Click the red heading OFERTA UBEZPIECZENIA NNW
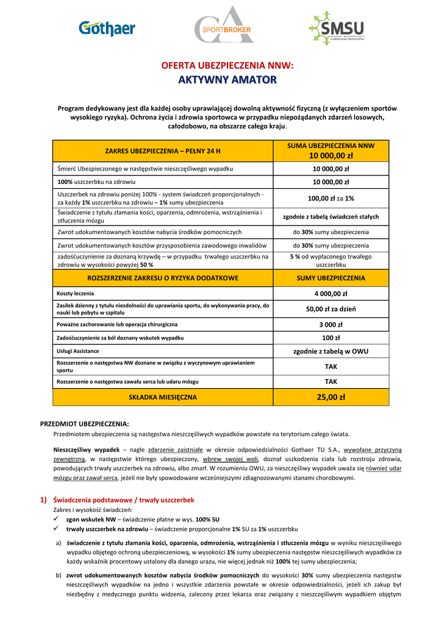tap(227, 66)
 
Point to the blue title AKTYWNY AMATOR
tap(227, 80)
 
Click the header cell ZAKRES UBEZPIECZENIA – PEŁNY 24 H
tap(163, 151)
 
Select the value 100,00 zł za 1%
tap(331, 198)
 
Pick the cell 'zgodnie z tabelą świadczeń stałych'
tap(331, 216)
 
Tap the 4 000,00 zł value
tap(331, 294)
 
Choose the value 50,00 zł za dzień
tap(331, 309)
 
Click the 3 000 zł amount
tap(331, 324)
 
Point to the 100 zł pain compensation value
tap(331, 338)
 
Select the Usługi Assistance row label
tap(78, 351)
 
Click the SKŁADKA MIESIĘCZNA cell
tap(163, 397)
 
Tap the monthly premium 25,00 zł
tap(331, 397)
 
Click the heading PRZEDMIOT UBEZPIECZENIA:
tap(85, 424)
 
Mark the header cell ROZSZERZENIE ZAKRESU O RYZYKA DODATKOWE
tap(163, 278)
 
